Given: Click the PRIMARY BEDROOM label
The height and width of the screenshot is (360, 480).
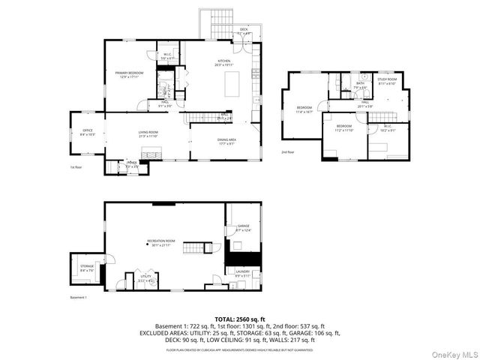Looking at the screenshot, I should click(129, 73).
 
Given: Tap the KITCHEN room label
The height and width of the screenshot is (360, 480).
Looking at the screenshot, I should click(223, 62).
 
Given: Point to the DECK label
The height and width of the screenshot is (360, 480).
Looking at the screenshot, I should click(223, 31).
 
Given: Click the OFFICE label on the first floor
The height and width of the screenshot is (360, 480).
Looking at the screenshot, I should click(87, 133).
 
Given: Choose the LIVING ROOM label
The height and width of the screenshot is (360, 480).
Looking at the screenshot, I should click(148, 133).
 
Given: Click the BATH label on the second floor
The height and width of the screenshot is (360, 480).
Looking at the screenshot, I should click(360, 85).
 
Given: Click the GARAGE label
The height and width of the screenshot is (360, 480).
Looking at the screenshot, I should click(243, 226).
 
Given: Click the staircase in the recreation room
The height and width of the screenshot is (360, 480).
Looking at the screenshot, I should click(196, 249).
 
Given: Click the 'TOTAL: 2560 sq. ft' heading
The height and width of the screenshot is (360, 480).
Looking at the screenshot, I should click(239, 319).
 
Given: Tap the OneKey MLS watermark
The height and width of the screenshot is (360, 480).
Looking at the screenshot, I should click(453, 351).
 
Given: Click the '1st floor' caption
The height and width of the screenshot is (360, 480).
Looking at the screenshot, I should click(76, 167).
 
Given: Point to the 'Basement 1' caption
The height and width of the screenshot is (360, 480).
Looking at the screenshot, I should click(79, 298).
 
